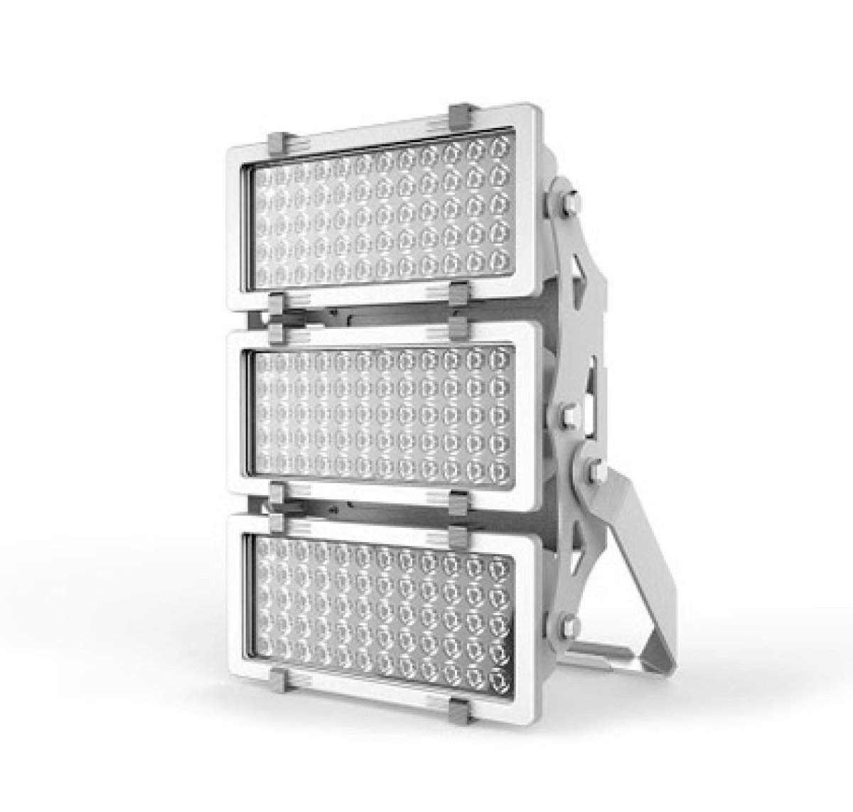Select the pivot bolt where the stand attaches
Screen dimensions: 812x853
click(x=594, y=469)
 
